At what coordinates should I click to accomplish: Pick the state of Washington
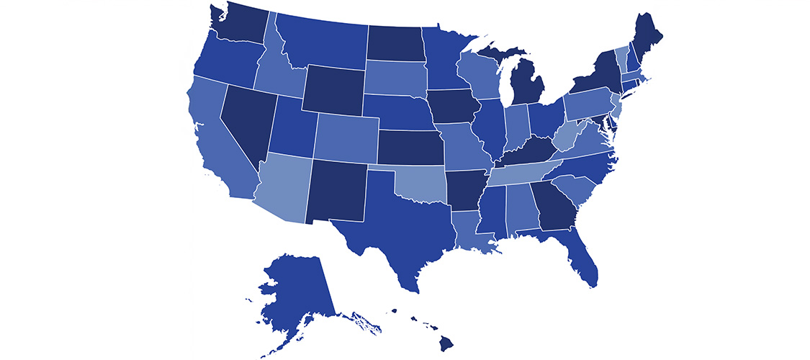coord(245,25)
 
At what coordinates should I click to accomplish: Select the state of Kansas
coord(410,148)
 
